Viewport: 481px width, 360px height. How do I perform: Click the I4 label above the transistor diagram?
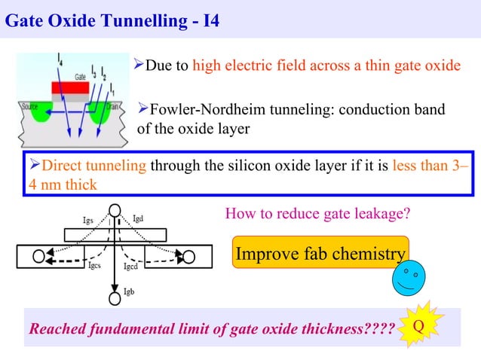[61, 57]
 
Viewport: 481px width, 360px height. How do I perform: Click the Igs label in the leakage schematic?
[88, 220]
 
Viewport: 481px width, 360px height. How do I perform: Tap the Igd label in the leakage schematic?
[139, 218]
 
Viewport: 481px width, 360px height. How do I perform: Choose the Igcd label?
[130, 266]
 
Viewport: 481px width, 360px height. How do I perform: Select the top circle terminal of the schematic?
[115, 211]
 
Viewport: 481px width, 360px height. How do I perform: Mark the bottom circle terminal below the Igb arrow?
[115, 299]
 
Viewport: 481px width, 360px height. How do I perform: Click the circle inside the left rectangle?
[38, 256]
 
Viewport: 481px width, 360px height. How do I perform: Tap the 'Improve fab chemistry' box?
[320, 254]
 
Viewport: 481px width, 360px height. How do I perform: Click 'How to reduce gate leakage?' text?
[318, 214]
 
